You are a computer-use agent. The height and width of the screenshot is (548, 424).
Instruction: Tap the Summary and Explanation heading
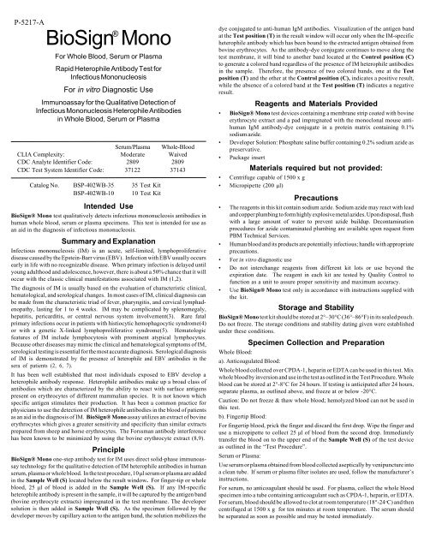pos(110,242)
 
